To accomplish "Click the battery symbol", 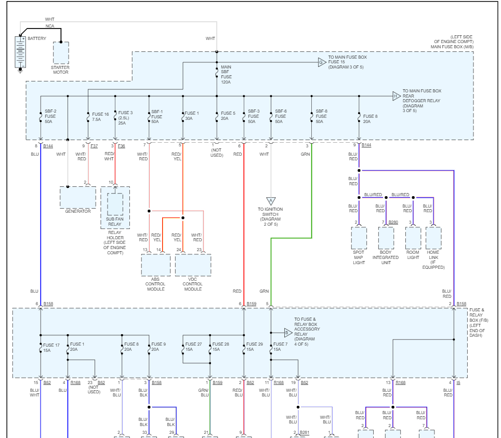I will click(20, 52).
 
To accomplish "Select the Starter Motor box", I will click(60, 53).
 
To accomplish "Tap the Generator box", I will click(78, 197).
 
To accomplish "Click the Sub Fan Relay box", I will click(115, 204).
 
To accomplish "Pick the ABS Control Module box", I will click(155, 265).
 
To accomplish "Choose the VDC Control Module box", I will click(193, 265).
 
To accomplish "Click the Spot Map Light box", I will click(359, 238).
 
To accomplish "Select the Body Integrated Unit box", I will click(386, 238).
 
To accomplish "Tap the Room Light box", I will click(413, 238).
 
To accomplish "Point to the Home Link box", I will click(433, 238).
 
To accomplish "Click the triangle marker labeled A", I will click(271, 201).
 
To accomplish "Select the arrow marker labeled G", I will click(322, 62).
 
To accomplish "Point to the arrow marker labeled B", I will click(288, 333).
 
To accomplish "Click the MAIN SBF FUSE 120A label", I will click(226, 74).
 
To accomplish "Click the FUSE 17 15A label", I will click(51, 347).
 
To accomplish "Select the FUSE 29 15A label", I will click(254, 347).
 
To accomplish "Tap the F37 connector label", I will click(94, 146).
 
